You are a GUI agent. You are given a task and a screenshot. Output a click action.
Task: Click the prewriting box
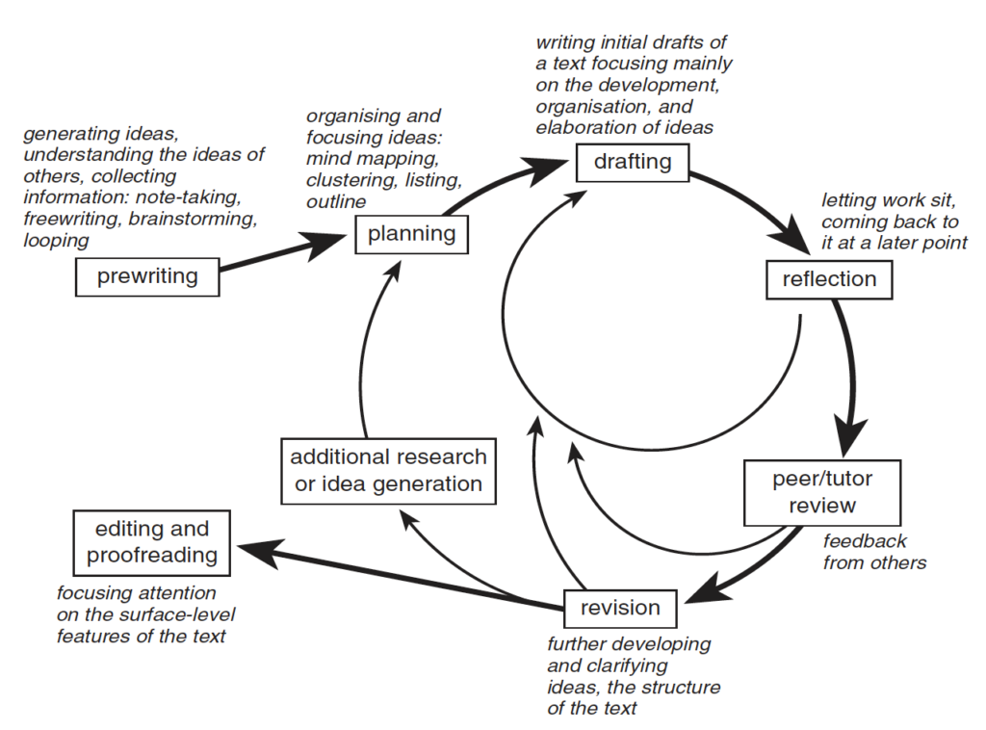(x=147, y=277)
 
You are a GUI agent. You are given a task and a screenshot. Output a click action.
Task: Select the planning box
(x=411, y=233)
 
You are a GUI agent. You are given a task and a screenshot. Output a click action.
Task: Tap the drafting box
(x=633, y=161)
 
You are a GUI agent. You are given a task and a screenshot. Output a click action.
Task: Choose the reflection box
(x=829, y=279)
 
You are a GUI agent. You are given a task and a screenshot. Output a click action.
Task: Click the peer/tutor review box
(x=821, y=491)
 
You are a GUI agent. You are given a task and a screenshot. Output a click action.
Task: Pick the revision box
(x=620, y=608)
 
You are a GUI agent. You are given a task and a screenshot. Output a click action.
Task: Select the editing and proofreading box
(x=152, y=542)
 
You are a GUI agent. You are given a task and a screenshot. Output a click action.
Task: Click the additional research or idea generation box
(x=388, y=471)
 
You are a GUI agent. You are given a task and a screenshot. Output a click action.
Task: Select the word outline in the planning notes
(x=336, y=201)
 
